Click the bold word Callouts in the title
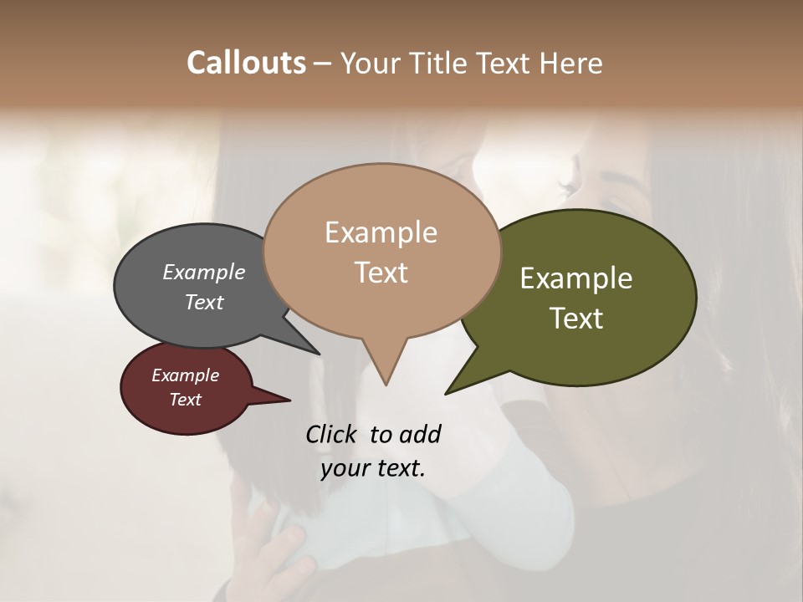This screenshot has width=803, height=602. point(246,63)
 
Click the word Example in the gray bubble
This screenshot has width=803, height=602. point(204,272)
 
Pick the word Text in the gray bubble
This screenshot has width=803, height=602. point(204,302)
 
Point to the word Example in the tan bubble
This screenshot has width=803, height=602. point(381,232)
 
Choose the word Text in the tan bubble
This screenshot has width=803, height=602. point(381,273)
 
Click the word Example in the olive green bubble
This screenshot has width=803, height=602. point(576,278)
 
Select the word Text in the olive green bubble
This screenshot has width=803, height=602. point(576,319)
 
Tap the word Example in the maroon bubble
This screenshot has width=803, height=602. point(185,375)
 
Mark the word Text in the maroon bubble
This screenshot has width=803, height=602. point(185,400)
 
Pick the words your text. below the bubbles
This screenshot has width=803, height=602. point(373,468)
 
